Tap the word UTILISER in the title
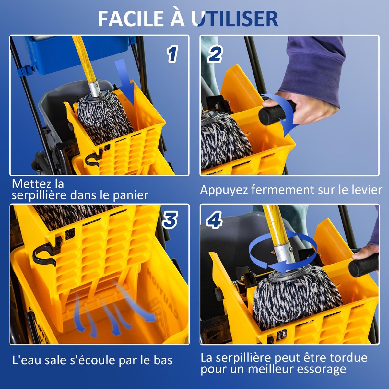(235, 19)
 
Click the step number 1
(172, 54)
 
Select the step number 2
(215, 54)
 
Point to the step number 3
(170, 220)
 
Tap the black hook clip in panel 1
(94, 158)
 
